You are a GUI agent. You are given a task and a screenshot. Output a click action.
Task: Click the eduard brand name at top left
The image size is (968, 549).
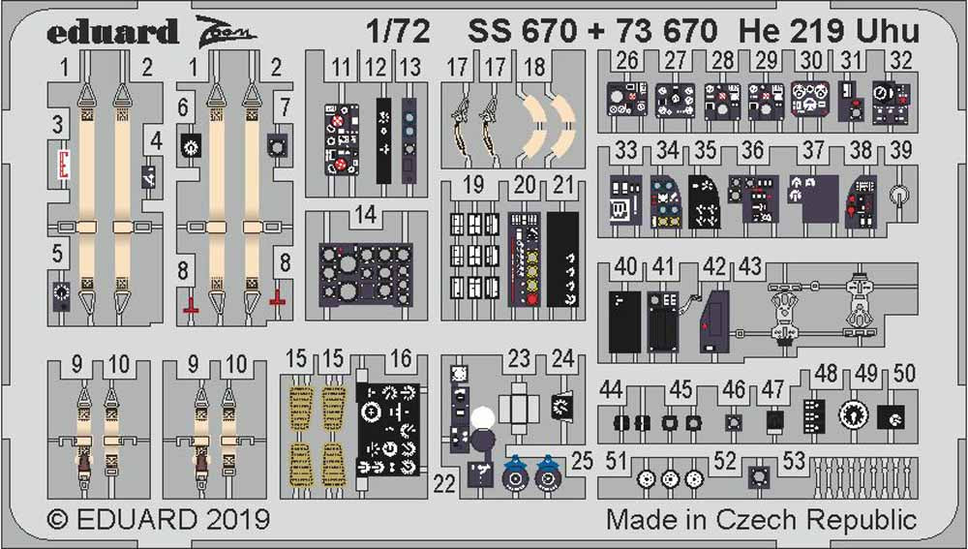click(112, 31)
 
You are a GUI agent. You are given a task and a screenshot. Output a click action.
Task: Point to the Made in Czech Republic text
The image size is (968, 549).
click(761, 519)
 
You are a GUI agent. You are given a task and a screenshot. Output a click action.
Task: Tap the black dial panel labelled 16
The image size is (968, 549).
click(389, 429)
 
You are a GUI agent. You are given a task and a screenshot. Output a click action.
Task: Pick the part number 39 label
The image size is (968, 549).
click(900, 150)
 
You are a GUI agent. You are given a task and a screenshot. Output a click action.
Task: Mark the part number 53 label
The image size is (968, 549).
click(794, 462)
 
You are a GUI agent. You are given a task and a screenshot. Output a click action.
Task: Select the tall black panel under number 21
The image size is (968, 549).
click(562, 259)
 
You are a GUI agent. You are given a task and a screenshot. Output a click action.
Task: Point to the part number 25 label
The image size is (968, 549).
click(582, 462)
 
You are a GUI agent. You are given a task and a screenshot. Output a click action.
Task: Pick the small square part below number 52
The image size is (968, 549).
click(758, 477)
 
